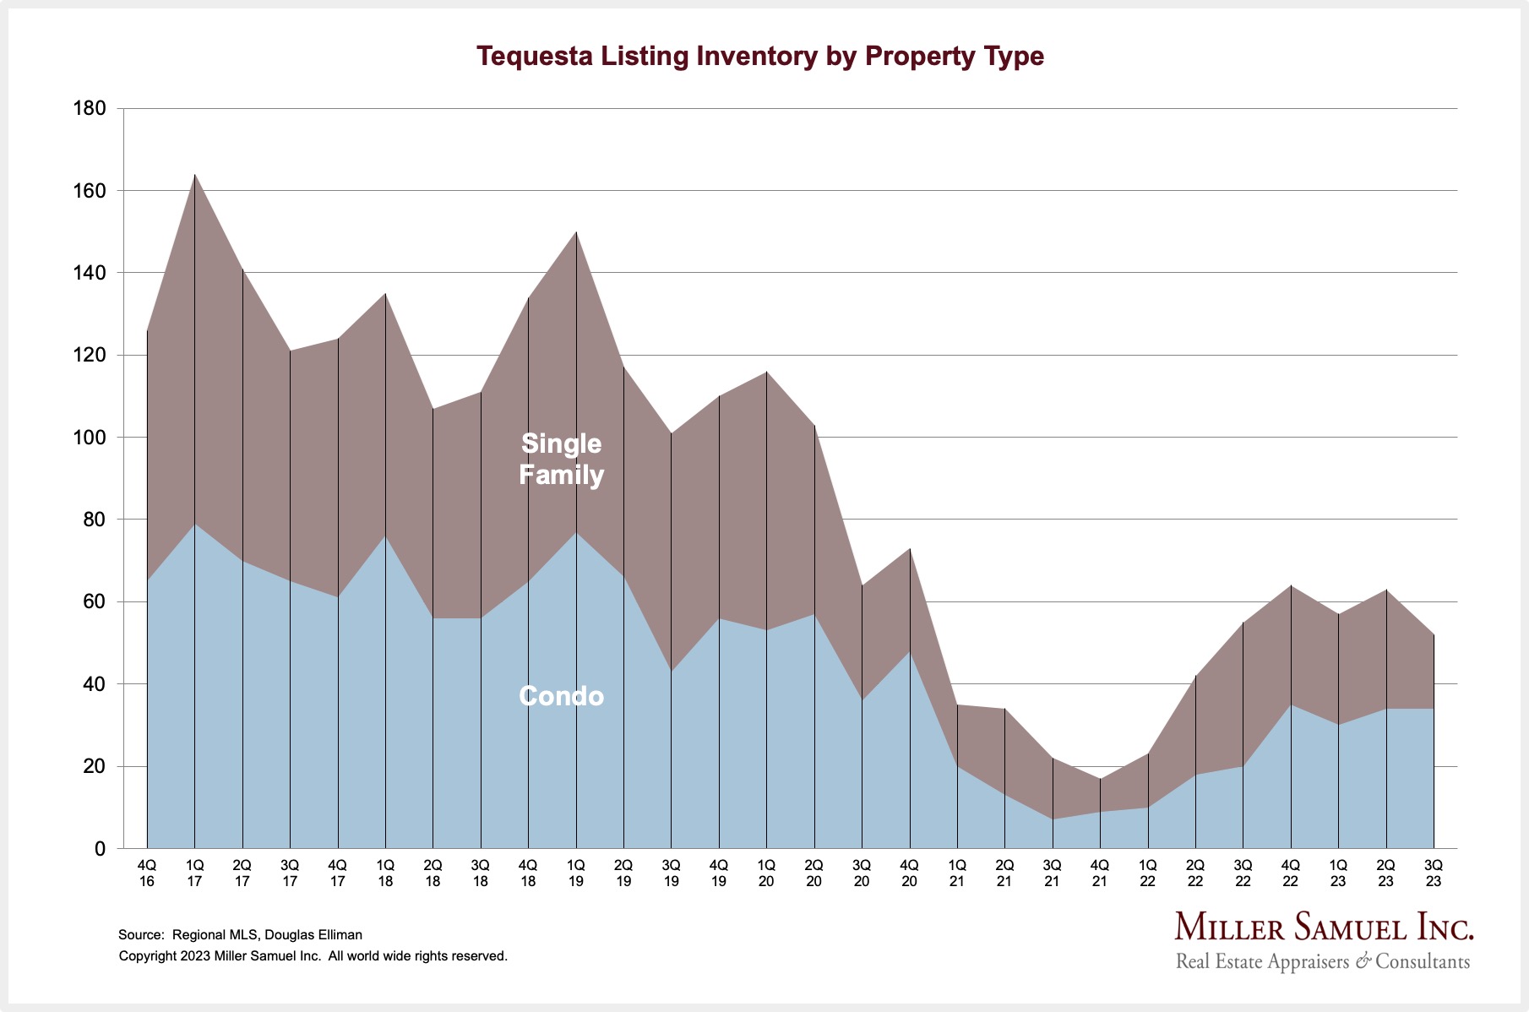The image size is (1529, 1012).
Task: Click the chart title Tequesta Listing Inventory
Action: pos(759,56)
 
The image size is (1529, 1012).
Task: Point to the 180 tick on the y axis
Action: pos(90,108)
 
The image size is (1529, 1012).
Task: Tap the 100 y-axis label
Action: pos(90,438)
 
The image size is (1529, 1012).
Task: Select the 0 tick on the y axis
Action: pos(100,849)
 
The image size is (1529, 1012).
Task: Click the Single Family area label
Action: pos(561,459)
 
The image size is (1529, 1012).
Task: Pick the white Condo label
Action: pos(561,696)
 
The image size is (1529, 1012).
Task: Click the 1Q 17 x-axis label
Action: pos(194,873)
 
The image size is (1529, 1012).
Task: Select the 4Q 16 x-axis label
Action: pos(147,873)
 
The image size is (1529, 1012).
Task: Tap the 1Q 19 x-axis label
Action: pos(576,873)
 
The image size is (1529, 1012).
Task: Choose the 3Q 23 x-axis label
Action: pos(1434,873)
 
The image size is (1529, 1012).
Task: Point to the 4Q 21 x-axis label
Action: pos(1100,873)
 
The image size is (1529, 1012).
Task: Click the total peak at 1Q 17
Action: pos(195,175)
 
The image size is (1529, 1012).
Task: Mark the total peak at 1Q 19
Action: pos(576,232)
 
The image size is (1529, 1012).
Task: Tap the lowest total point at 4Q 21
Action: pos(1100,779)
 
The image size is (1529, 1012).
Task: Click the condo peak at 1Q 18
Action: pos(386,536)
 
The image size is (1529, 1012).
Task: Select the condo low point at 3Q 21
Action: pos(1053,819)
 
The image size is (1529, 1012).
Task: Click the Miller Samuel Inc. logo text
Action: pos(1324,928)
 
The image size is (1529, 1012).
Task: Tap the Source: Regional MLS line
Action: pos(240,935)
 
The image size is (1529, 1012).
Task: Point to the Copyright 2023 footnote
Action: pos(313,956)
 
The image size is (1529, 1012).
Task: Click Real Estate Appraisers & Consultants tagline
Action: pos(1322,961)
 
